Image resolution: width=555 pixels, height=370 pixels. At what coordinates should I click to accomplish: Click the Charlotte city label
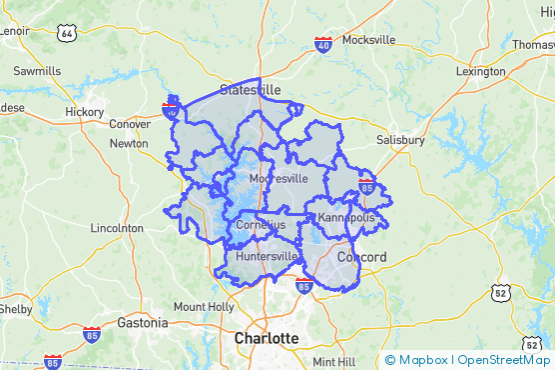266,339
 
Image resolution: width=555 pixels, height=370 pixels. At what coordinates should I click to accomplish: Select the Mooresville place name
277,178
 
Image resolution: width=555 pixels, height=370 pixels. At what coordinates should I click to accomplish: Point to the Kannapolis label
346,217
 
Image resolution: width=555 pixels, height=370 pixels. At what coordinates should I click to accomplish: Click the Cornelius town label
261,225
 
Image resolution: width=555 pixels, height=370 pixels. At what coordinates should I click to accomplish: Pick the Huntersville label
267,256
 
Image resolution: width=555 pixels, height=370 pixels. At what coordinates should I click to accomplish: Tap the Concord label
361,257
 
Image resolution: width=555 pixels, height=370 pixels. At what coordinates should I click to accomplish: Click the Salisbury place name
400,141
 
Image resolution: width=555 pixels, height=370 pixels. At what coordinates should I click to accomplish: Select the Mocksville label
368,40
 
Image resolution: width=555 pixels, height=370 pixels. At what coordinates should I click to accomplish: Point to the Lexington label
480,72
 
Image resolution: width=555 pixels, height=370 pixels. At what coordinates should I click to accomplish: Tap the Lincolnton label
117,228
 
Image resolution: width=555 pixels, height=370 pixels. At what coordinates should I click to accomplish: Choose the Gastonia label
142,323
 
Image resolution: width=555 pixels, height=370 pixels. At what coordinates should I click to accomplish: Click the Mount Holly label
203,306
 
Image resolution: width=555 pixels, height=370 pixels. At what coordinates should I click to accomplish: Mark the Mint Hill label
333,361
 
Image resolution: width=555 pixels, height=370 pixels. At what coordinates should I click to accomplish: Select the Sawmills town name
37,71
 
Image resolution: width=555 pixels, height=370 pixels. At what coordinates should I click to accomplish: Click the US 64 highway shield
67,33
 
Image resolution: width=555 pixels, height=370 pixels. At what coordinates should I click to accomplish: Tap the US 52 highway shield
499,293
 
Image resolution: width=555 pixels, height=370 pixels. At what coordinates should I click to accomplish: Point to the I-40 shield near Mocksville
322,45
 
